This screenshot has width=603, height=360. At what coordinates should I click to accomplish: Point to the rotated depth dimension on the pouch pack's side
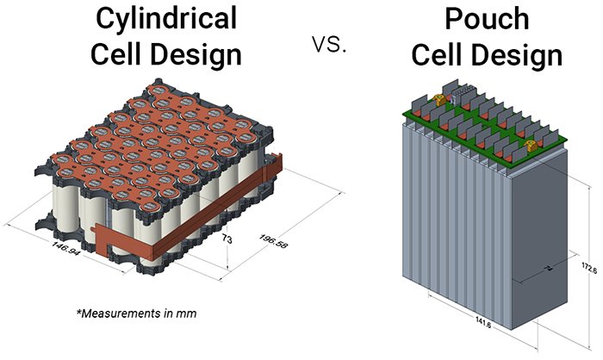[x=526, y=272]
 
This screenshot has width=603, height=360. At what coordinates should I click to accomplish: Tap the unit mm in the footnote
[x=188, y=313]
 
